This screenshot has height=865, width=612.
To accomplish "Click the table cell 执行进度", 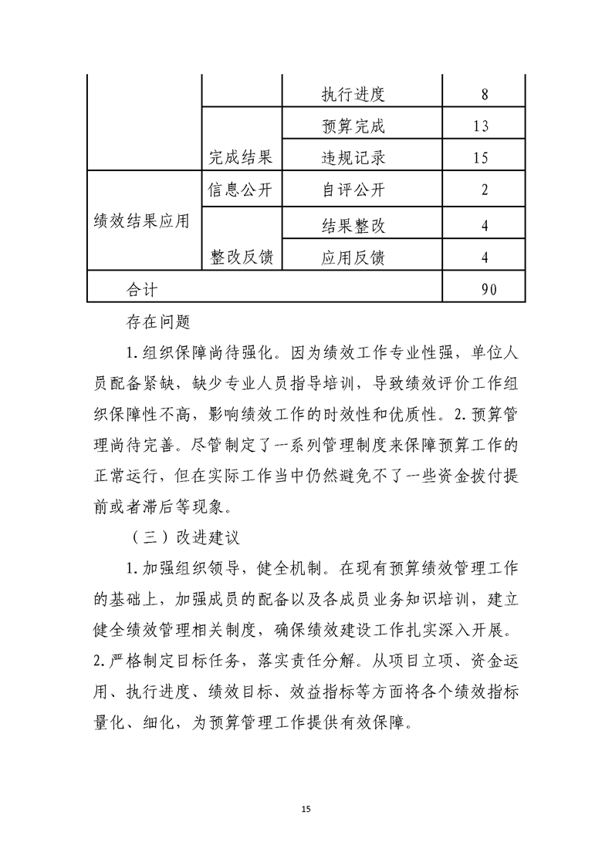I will click(x=353, y=96).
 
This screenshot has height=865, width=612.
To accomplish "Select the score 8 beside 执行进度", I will click(x=484, y=96).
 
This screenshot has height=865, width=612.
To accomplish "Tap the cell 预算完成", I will click(x=353, y=126).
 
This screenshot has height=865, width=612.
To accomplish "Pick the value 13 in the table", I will click(x=484, y=126).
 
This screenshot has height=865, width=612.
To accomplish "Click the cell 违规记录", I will click(x=353, y=158).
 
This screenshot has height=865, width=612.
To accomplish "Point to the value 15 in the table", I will click(x=484, y=158).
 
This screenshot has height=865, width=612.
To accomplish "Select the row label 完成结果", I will click(x=241, y=158).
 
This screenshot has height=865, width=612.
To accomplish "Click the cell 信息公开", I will click(x=241, y=190).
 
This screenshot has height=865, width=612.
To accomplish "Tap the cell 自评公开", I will click(x=353, y=190).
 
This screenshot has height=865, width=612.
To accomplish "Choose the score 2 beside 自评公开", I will click(x=484, y=190).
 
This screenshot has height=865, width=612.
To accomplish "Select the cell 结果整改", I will click(x=353, y=226).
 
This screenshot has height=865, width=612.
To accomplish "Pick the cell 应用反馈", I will click(x=353, y=257).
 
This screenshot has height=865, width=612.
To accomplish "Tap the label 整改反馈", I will click(x=241, y=257).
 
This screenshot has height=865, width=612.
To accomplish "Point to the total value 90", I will click(x=484, y=289).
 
